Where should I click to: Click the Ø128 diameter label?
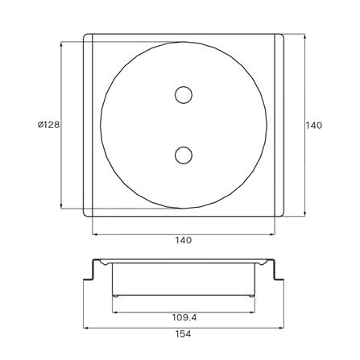click(48, 125)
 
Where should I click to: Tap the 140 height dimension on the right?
click(314, 126)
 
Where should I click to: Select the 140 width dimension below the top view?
click(184, 240)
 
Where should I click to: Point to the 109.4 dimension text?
click(184, 318)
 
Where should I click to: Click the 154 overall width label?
click(184, 334)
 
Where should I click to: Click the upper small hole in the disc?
click(184, 95)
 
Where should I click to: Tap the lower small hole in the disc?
click(184, 155)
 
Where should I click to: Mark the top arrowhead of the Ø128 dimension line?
click(61, 44)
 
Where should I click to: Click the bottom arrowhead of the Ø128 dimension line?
click(61, 205)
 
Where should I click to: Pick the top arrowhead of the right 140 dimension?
click(304, 36)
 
